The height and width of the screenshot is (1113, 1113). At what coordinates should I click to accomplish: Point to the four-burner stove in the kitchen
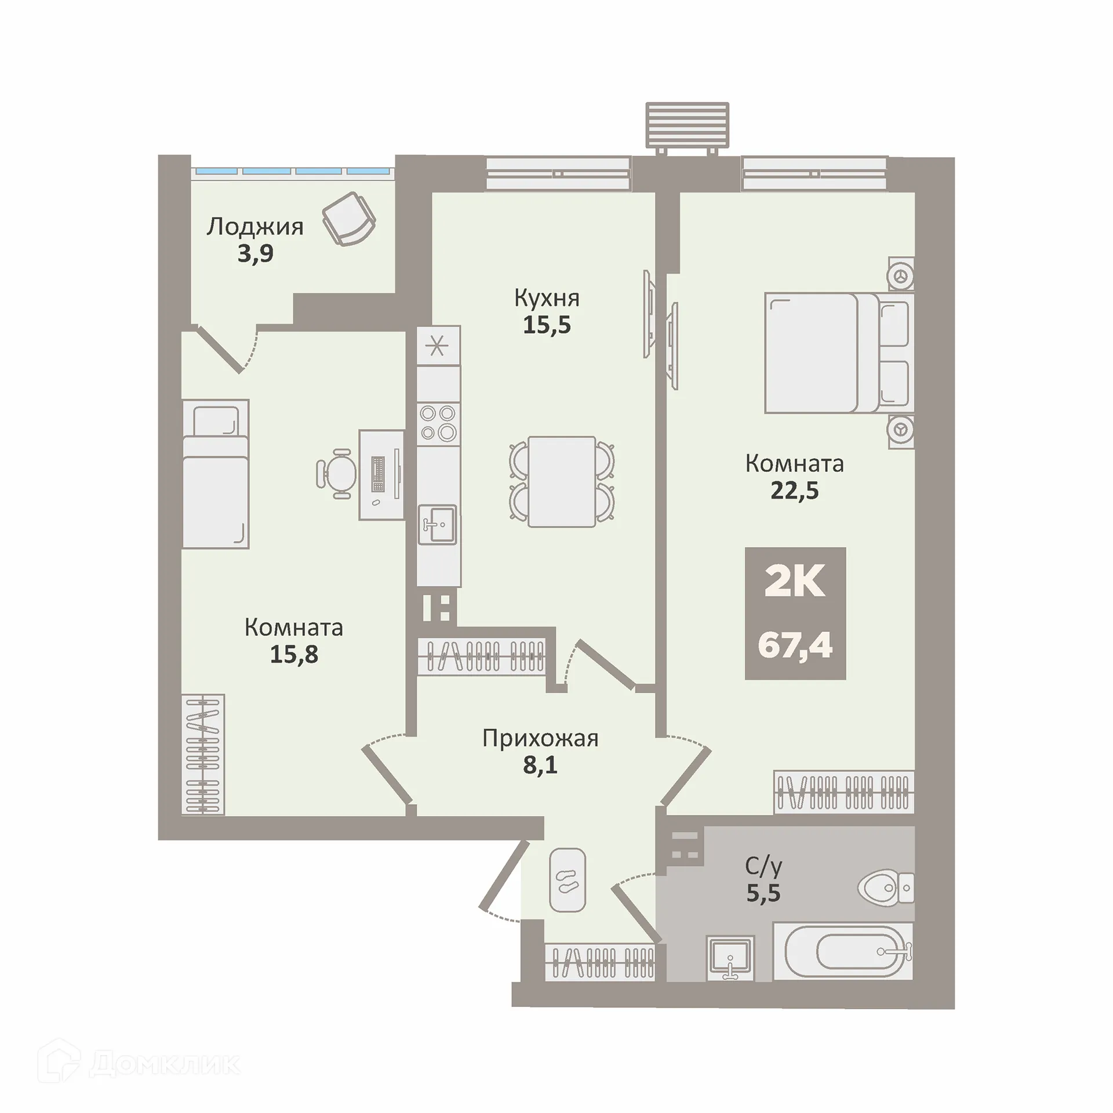[x=438, y=423]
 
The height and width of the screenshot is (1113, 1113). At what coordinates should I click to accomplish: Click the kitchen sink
[x=438, y=525]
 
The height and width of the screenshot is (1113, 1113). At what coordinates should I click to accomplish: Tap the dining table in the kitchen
[x=562, y=482]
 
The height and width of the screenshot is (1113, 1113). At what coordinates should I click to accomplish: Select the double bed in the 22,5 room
[x=839, y=353]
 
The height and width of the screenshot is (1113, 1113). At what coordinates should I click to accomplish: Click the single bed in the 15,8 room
[x=216, y=474]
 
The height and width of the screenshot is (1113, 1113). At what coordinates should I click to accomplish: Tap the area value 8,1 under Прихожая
[x=540, y=765]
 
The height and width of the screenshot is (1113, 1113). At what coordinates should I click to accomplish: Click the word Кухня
[x=547, y=299]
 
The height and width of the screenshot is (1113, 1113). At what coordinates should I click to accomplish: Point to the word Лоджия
[x=255, y=227]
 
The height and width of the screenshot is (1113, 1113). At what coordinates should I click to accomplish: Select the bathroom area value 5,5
[x=763, y=893]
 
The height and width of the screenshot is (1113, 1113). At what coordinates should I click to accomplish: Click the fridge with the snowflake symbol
[x=438, y=346]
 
